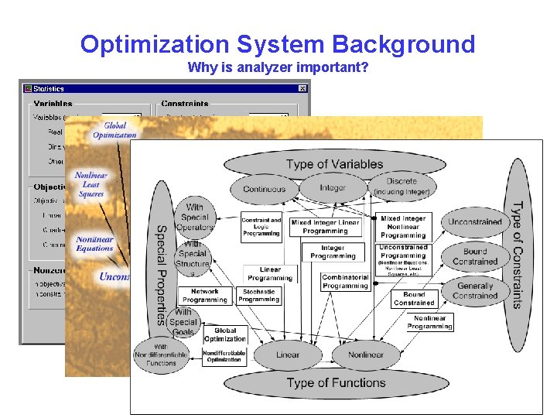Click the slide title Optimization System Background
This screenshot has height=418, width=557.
click(278, 44)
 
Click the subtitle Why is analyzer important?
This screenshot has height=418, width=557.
click(278, 67)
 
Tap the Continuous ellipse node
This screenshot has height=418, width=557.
click(264, 189)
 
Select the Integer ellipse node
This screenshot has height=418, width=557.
click(333, 188)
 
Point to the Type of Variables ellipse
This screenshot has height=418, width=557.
click(334, 164)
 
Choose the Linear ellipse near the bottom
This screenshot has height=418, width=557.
click(288, 355)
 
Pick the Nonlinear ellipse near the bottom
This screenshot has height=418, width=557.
click(366, 355)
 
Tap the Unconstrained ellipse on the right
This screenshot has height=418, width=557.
click(475, 222)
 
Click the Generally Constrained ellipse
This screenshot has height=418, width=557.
click(475, 290)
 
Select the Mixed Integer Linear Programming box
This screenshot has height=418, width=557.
click(325, 227)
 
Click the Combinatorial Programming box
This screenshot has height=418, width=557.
click(345, 281)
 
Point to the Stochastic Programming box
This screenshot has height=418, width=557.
click(259, 296)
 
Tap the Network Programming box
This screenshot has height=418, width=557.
click(205, 296)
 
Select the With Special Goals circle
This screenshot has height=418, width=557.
click(183, 322)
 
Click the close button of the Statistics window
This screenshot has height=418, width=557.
click(302, 89)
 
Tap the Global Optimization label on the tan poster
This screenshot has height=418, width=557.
click(114, 130)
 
